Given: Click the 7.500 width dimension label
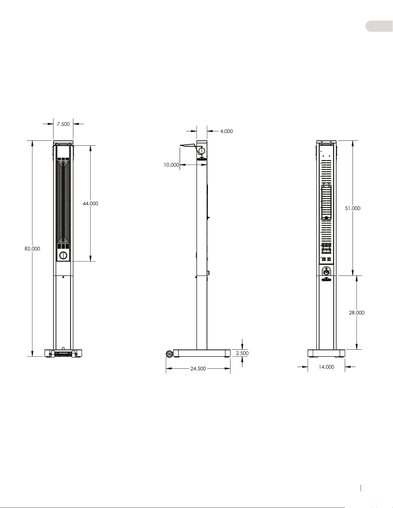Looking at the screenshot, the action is pos(63,124).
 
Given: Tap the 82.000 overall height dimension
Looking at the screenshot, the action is pos(32,249).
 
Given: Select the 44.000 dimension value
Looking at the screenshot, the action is pos(90,204).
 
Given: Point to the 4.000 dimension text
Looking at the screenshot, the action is pos(226,131).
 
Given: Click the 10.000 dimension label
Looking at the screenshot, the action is pos(172,165).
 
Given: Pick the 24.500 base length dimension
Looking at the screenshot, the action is pos(198,369).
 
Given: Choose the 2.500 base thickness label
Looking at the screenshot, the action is pos(242,353).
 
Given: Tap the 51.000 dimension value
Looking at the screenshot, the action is pos(353,208).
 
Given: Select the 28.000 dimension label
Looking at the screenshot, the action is pos(357,313).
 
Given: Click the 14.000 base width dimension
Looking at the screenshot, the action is pos(326,367).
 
